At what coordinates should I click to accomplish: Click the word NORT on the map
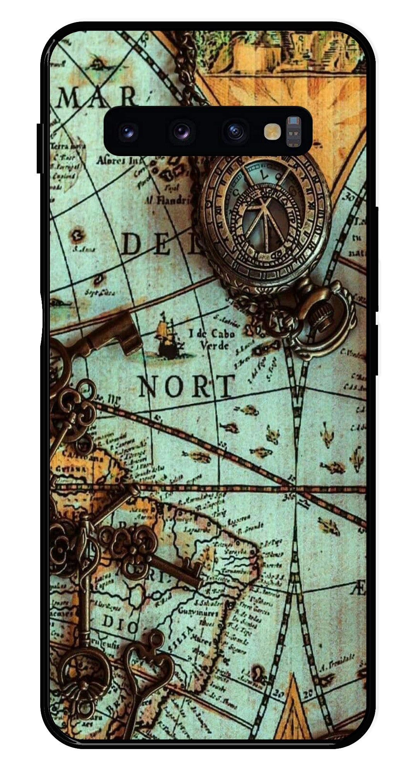point(186,386)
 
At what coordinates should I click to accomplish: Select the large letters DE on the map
point(146,244)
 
